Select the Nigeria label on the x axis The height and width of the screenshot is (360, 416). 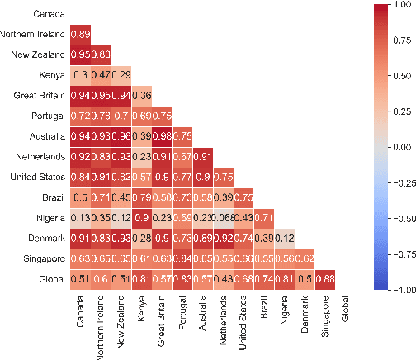(282, 315)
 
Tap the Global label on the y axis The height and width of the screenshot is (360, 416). (53, 279)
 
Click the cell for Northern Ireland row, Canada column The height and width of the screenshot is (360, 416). (81, 35)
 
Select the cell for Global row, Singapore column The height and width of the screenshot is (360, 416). (323, 279)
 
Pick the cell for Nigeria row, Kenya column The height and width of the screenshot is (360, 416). (141, 216)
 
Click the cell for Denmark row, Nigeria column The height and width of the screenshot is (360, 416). (282, 238)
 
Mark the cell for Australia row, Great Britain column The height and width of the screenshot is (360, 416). (161, 135)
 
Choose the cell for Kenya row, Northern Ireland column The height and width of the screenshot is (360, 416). (101, 74)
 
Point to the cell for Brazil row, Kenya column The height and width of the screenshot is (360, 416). (141, 197)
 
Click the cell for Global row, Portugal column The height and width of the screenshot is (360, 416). (182, 279)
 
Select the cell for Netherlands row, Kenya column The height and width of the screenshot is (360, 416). (141, 156)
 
